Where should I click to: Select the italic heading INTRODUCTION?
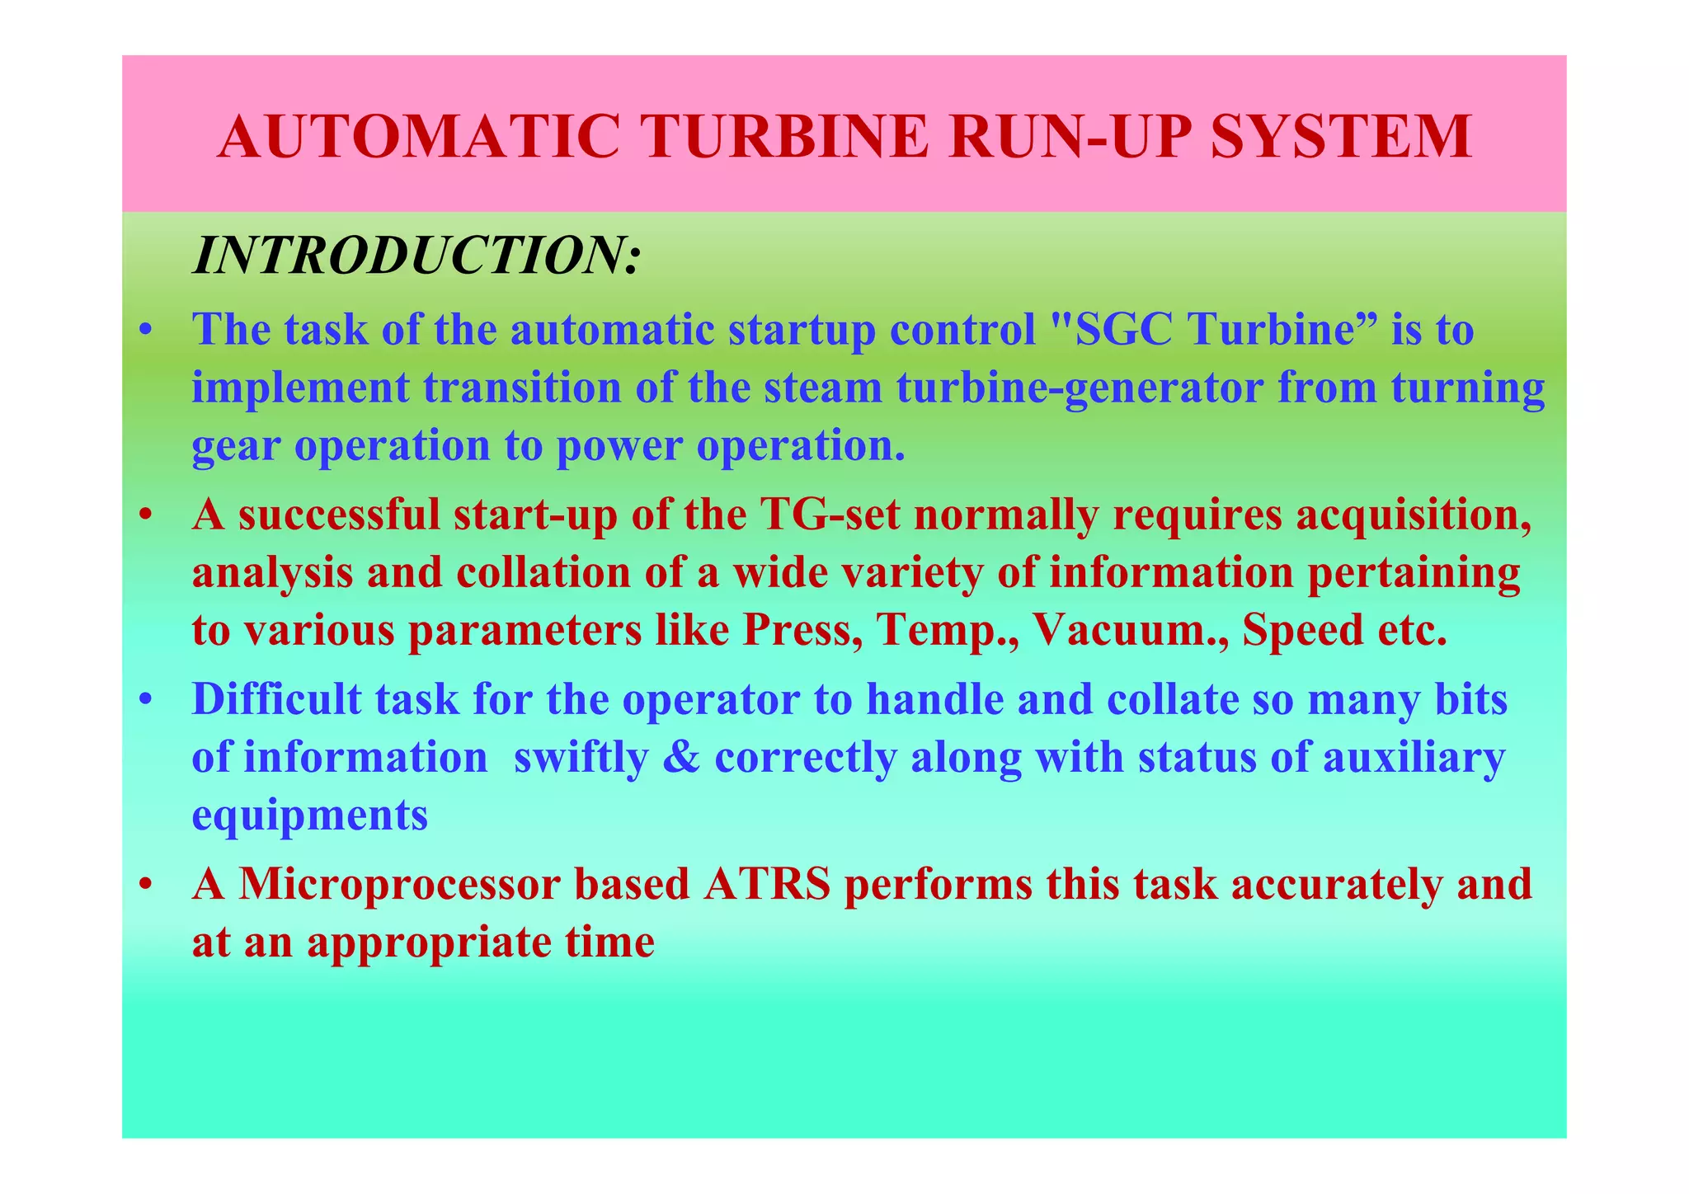[416, 256]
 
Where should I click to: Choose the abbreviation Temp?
[939, 632]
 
